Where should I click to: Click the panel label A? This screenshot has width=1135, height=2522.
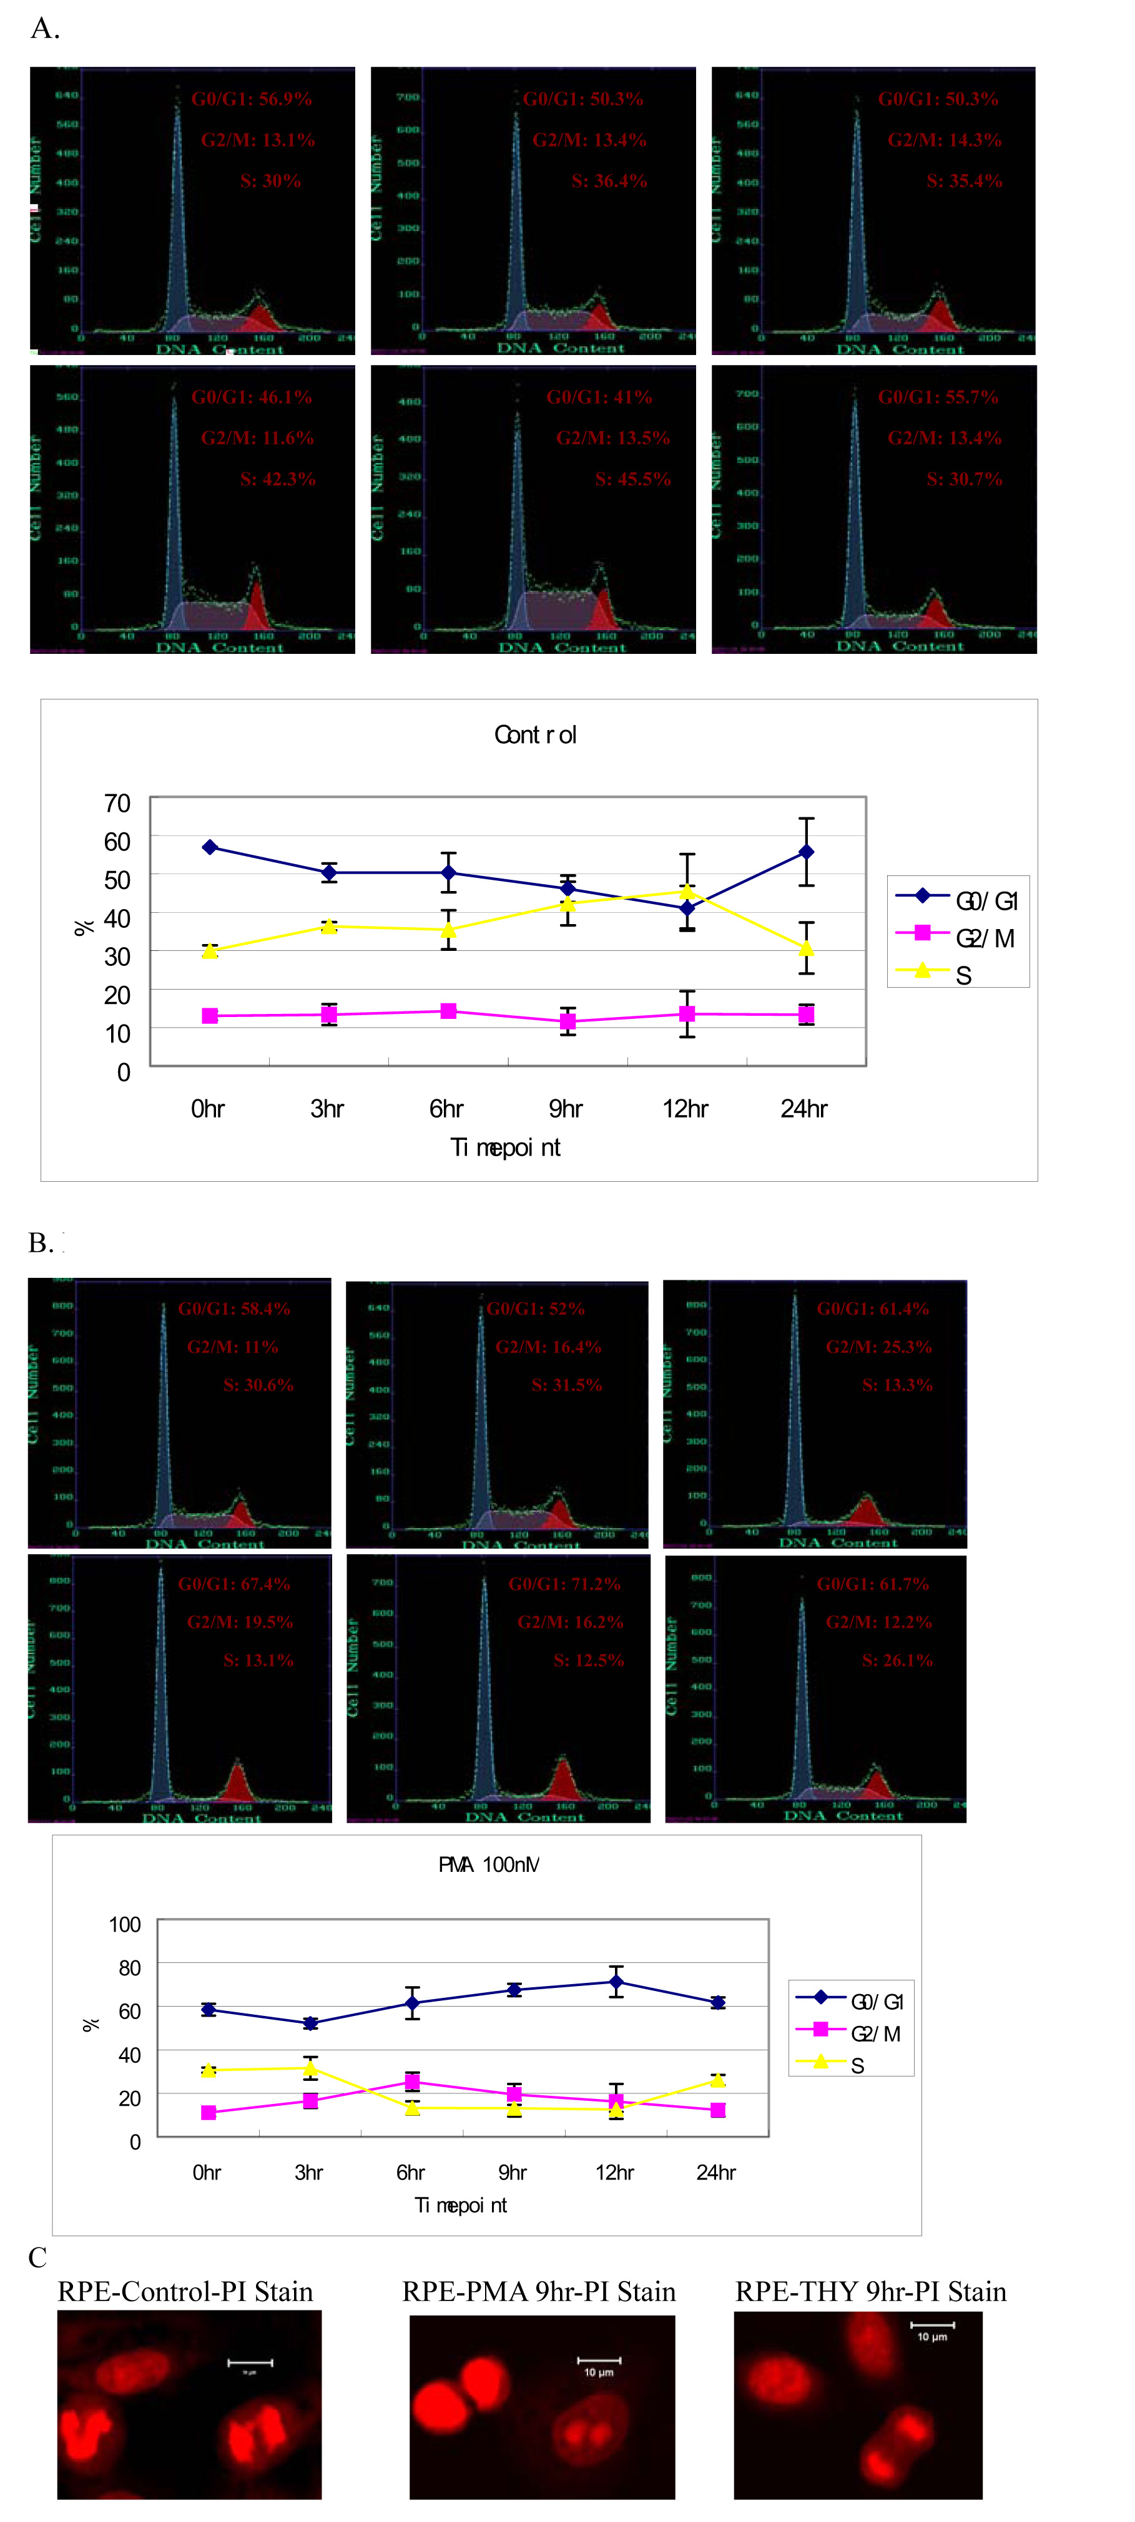tap(44, 29)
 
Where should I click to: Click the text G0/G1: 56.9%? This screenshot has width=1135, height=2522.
tap(252, 99)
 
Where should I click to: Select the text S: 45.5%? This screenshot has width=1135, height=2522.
tap(632, 479)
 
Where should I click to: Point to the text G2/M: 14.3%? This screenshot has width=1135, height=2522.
tap(944, 140)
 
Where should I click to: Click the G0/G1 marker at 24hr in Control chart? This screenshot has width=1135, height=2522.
tap(805, 852)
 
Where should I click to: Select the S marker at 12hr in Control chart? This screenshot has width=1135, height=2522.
tap(687, 891)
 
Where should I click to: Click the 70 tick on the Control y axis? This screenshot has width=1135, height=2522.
tap(117, 803)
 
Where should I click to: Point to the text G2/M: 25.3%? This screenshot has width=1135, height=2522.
tap(878, 1346)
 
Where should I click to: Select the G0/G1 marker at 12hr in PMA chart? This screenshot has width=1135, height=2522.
tap(616, 1982)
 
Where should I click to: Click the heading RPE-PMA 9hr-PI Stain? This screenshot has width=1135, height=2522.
tap(539, 2291)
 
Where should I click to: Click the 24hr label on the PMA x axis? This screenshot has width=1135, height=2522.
tap(716, 2173)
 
